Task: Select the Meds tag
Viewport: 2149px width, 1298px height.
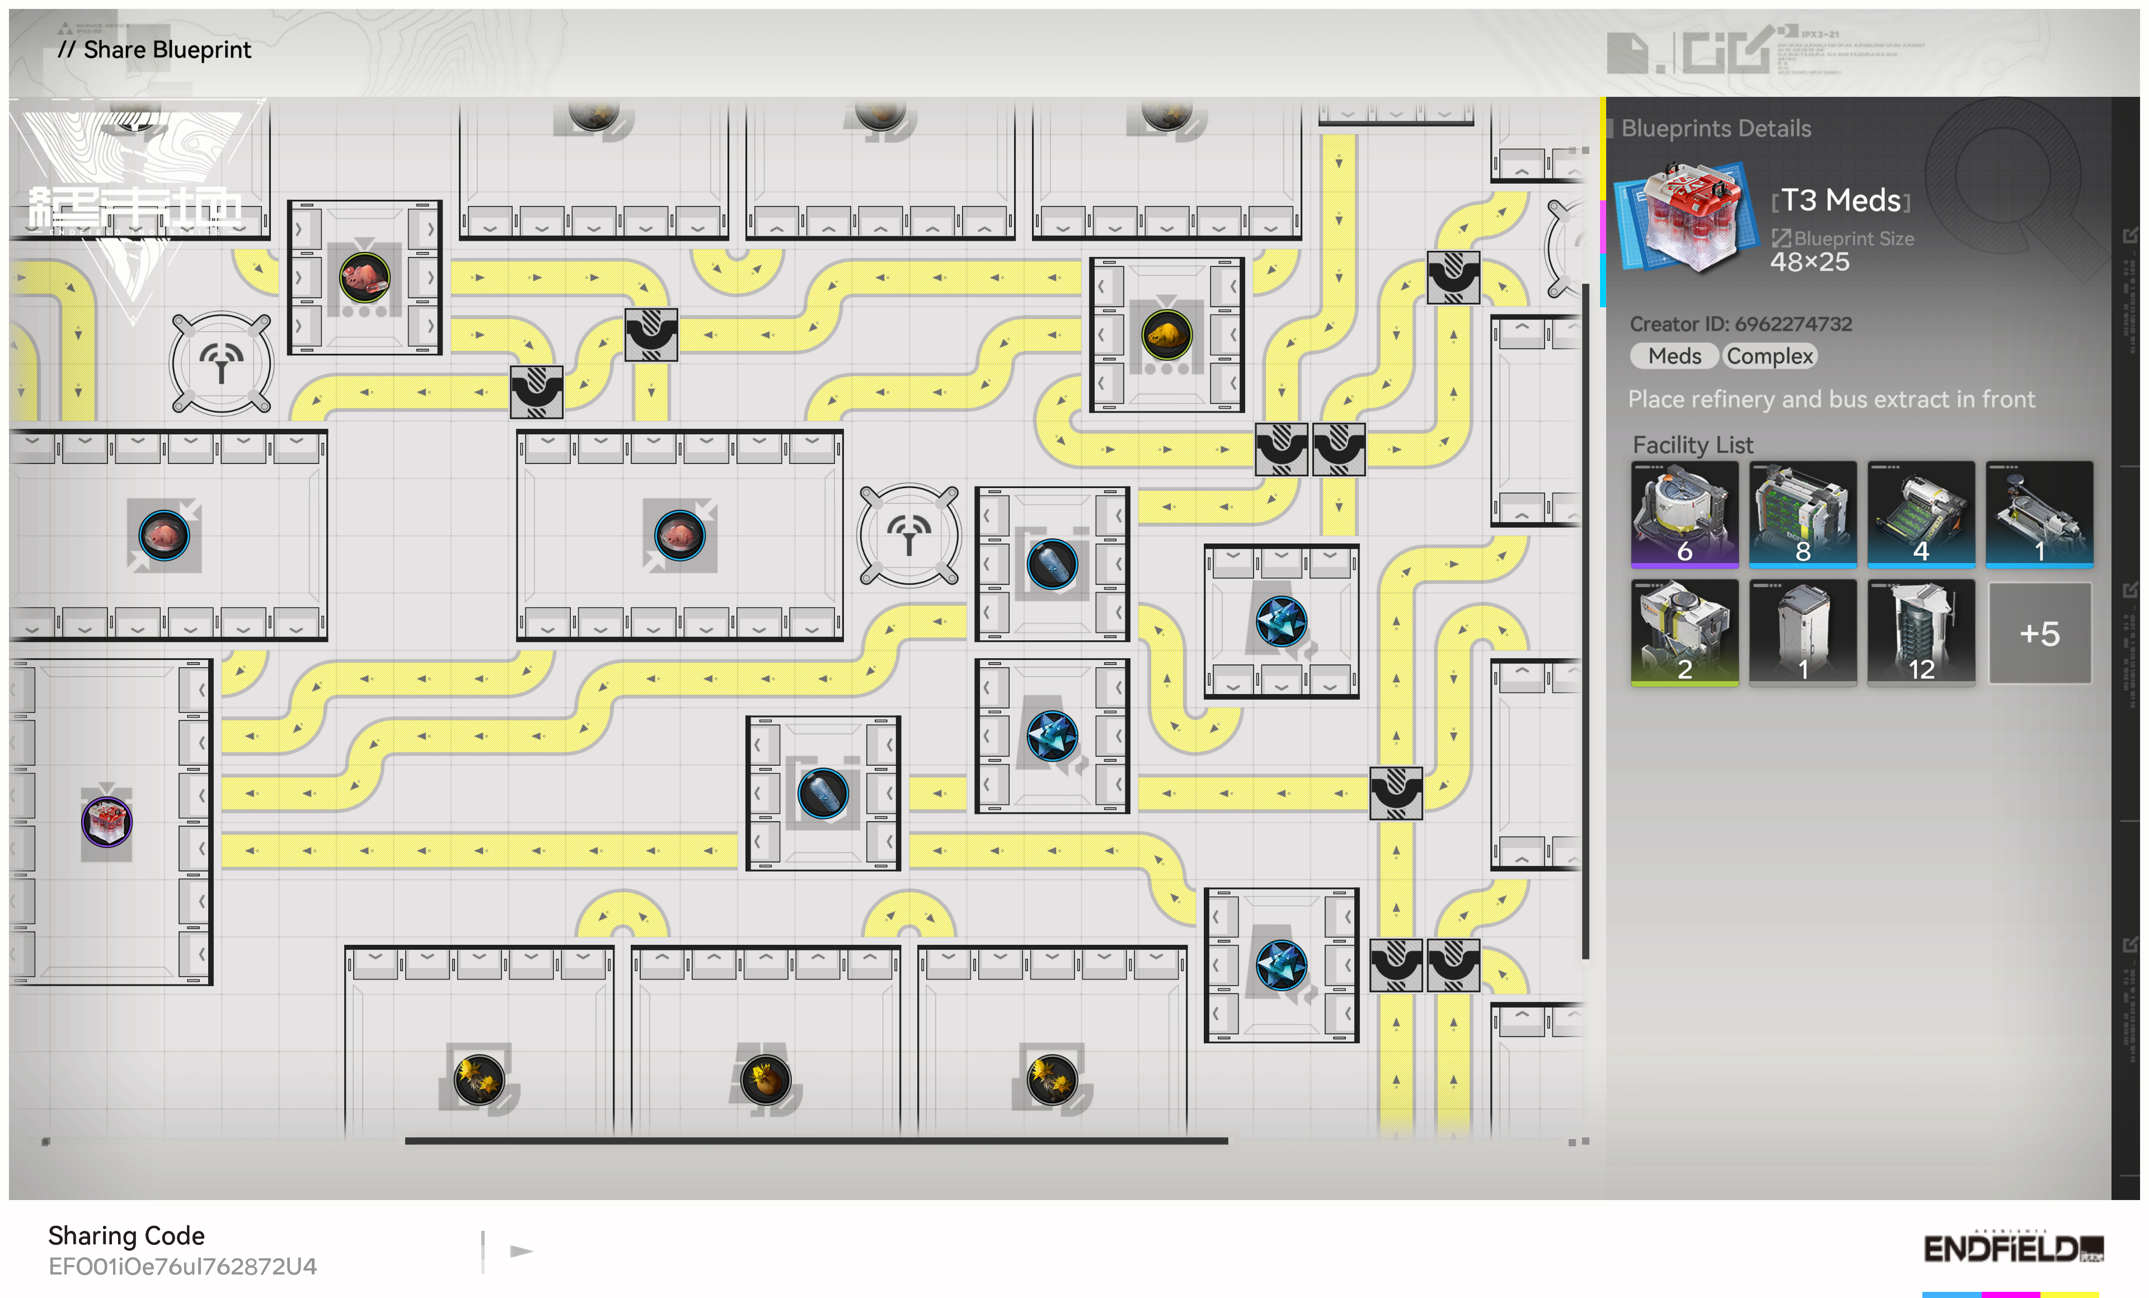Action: point(1674,356)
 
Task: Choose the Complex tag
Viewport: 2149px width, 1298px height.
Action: point(1769,356)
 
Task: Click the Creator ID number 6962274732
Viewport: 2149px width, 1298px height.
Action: point(1793,324)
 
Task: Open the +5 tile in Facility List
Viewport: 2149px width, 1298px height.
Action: point(2039,633)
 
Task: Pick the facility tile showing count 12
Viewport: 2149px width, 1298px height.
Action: point(1921,633)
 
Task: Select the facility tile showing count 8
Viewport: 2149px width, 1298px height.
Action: point(1802,514)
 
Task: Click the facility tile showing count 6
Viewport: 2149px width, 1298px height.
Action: point(1684,514)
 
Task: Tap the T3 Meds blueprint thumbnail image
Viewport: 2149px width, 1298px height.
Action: point(1685,218)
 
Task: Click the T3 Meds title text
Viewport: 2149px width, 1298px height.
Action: point(1840,200)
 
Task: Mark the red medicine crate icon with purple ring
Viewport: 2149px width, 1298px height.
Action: point(106,821)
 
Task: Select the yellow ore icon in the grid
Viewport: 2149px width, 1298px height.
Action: point(1166,334)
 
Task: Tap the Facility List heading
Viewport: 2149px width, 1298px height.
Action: point(1692,445)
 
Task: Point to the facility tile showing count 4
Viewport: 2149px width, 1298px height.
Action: point(1921,514)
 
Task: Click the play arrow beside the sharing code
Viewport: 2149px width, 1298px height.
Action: point(522,1251)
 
